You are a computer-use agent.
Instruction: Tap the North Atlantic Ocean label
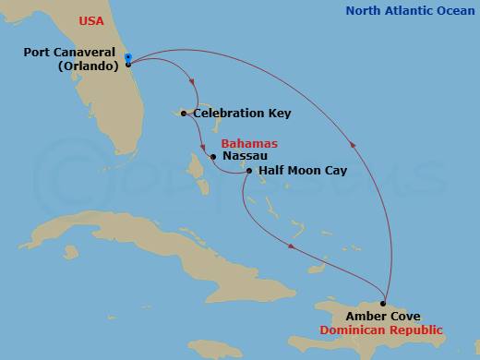(x=409, y=11)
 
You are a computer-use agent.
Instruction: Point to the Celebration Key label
(x=243, y=114)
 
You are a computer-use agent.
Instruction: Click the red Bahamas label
(x=249, y=144)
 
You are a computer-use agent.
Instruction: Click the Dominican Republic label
(x=380, y=330)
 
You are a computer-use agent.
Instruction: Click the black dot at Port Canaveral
(x=127, y=65)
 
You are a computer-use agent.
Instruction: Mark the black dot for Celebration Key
(x=185, y=114)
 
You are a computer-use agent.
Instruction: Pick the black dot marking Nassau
(x=213, y=157)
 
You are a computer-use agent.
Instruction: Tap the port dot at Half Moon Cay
(x=248, y=171)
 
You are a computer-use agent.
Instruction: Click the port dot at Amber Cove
(x=383, y=303)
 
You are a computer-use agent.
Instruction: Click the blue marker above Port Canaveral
(x=127, y=56)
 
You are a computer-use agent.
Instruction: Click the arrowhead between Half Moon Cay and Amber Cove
(x=291, y=246)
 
